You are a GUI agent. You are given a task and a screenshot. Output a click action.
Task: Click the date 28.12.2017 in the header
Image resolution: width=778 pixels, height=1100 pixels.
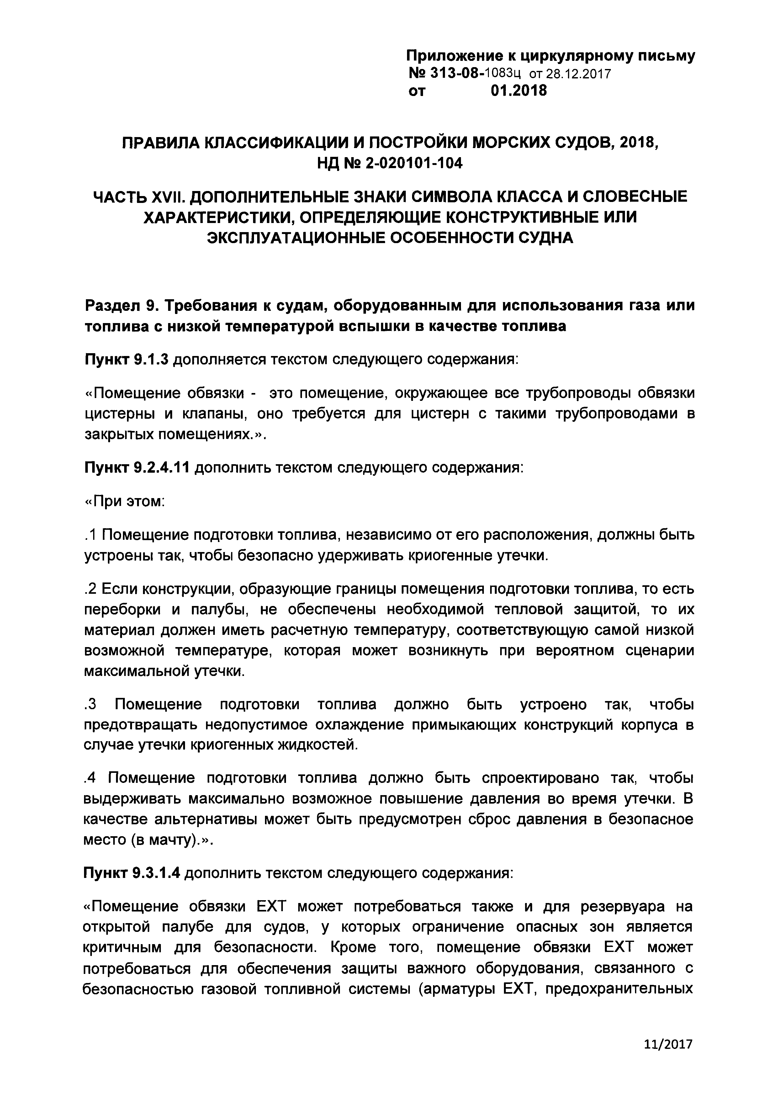570,74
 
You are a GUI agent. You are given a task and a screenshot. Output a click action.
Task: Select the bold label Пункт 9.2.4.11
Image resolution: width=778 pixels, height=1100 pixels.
138,467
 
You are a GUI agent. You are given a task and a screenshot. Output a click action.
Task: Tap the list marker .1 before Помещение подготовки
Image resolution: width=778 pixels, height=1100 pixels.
91,535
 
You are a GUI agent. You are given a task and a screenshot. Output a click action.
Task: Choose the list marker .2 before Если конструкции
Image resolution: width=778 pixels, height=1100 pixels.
91,589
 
